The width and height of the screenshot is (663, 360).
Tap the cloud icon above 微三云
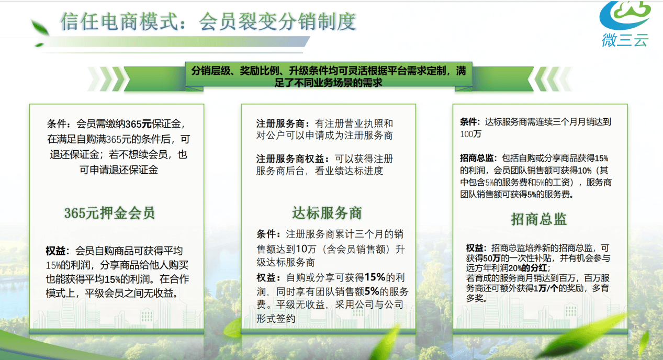pos(625,15)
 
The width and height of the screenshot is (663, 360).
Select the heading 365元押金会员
pos(109,213)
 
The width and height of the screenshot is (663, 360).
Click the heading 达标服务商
pos(327,213)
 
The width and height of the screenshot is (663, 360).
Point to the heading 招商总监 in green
pos(538,219)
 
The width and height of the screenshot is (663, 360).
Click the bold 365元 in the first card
pos(138,123)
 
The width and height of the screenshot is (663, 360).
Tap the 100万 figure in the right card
pos(470,134)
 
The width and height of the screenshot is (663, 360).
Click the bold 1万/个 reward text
pos(546,288)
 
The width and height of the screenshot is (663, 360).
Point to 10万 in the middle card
pos(306,249)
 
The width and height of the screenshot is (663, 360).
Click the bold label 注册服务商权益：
pos(293,159)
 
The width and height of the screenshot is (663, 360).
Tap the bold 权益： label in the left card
pos(58,251)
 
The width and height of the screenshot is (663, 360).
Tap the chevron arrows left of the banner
pos(107,79)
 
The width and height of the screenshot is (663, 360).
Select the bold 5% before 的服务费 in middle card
pos(372,291)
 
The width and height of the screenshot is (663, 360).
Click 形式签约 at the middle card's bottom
pos(276,319)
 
